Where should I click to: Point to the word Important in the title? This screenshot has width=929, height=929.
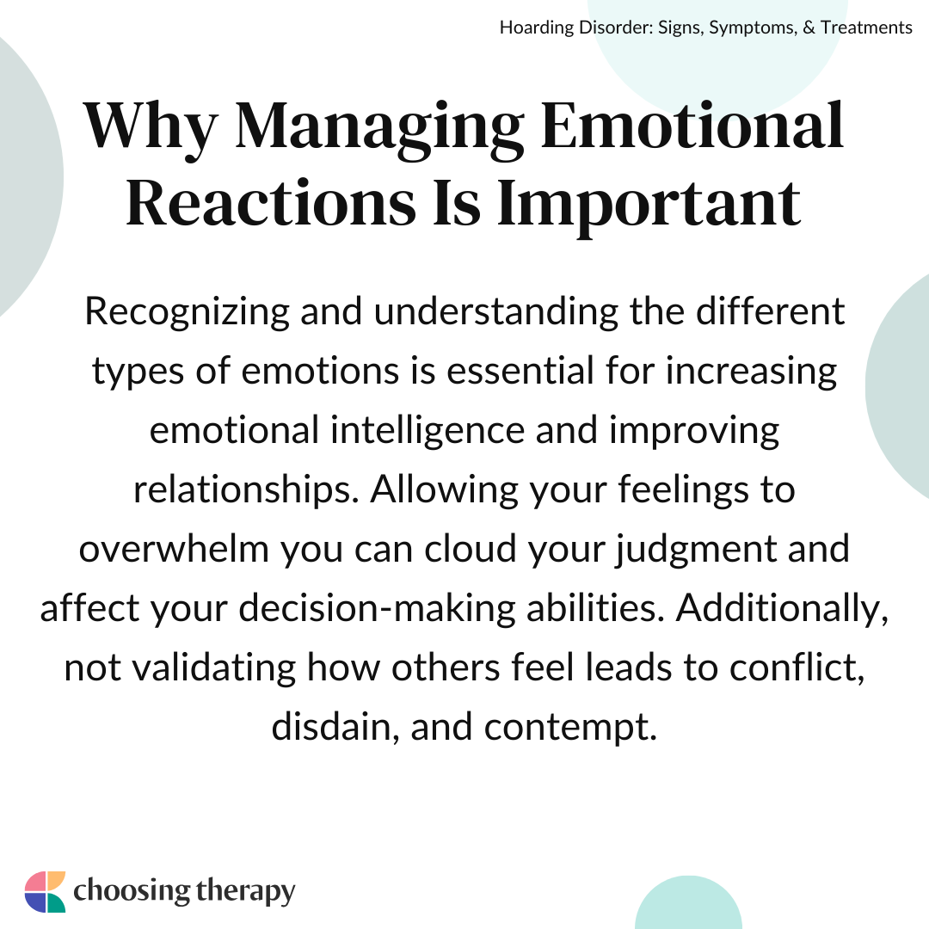(649, 206)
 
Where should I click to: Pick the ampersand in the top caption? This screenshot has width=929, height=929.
(809, 28)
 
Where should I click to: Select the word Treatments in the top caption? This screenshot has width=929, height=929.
(866, 28)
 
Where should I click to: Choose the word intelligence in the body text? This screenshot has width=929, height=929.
(428, 431)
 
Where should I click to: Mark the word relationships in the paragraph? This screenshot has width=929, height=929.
(246, 490)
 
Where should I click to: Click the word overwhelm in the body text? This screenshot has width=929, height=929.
(174, 549)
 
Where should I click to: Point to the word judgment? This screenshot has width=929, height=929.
(695, 550)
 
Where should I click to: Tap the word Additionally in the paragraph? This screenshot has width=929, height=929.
(782, 608)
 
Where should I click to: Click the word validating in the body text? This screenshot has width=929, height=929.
(213, 668)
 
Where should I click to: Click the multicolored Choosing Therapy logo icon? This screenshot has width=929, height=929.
(45, 892)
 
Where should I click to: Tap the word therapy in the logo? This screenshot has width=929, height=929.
(245, 892)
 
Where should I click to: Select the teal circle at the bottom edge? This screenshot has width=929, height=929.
(688, 902)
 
